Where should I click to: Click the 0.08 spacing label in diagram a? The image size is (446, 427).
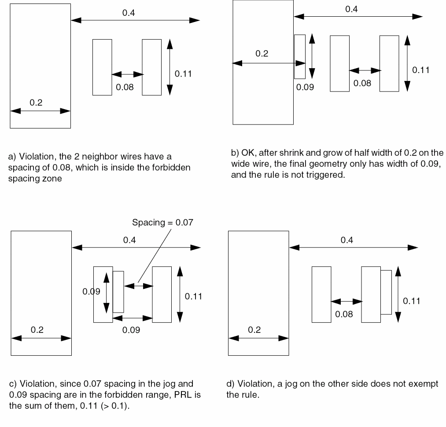[x=125, y=87]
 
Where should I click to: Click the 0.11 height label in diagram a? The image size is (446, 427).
[x=183, y=74]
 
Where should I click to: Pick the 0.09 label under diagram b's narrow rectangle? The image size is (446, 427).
[x=305, y=87]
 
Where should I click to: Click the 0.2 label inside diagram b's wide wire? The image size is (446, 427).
[x=262, y=54]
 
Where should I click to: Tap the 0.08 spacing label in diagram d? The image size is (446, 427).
[x=344, y=314]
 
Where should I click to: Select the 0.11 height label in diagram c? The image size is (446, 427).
[x=193, y=296]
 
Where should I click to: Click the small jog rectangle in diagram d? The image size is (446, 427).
[x=386, y=292]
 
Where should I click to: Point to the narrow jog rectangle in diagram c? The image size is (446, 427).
[x=118, y=292]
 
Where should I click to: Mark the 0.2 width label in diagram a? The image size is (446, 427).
[x=36, y=103]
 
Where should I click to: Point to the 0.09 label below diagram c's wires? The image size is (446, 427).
[x=131, y=330]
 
